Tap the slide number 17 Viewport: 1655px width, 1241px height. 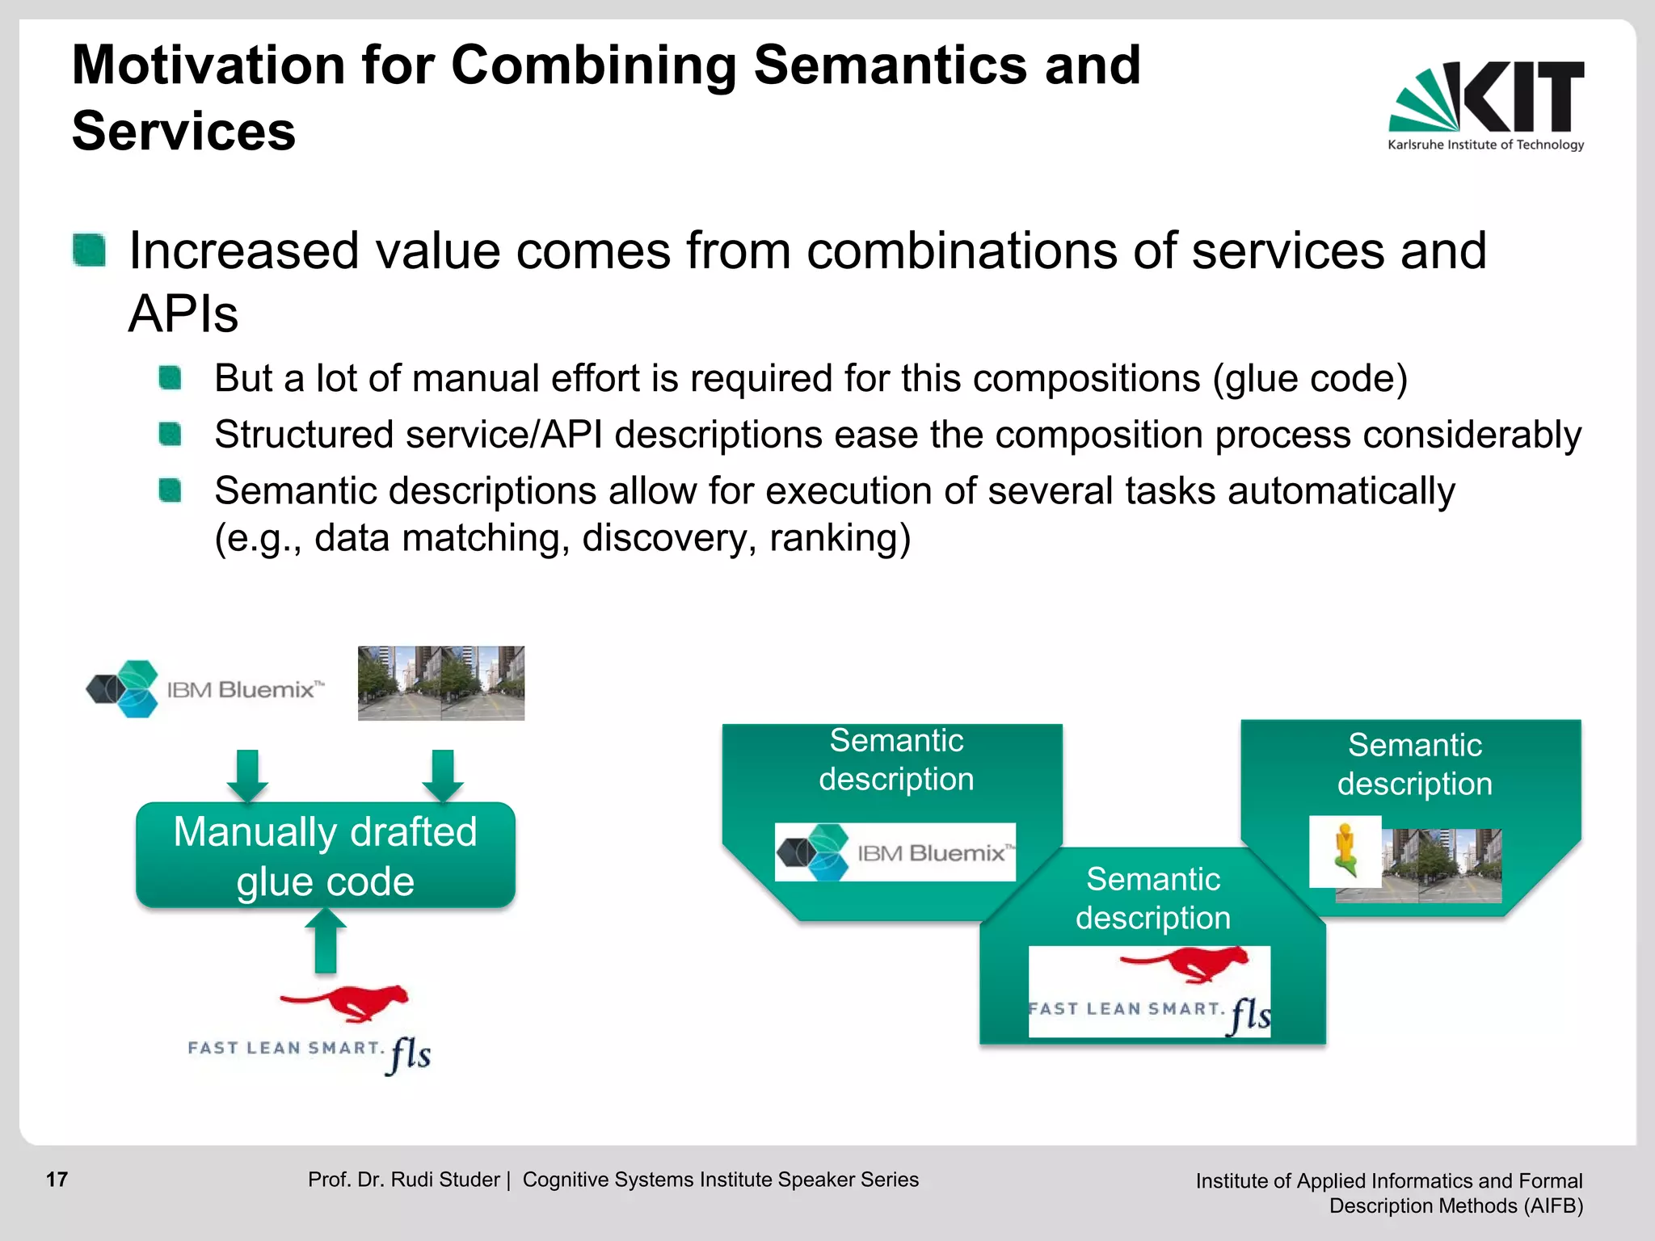(x=57, y=1180)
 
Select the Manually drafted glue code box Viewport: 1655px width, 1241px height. (x=326, y=855)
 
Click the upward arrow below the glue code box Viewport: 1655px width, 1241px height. (x=326, y=940)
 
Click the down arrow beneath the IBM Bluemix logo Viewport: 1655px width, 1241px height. (x=247, y=775)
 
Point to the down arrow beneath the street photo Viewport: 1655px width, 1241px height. (x=443, y=775)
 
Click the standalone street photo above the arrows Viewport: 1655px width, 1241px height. (x=441, y=683)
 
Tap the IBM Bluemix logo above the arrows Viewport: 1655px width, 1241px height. (x=206, y=689)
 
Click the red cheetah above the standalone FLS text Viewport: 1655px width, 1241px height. (x=346, y=1003)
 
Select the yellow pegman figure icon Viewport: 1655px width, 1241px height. (x=1345, y=851)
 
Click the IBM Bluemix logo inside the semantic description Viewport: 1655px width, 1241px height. (x=895, y=852)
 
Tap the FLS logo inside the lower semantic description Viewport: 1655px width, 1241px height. (x=1149, y=991)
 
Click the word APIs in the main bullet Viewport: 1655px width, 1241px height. (x=183, y=313)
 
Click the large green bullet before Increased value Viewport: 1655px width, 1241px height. (x=89, y=250)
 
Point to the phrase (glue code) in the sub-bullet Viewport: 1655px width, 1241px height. (x=1310, y=378)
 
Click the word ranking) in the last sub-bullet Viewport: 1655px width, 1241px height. (x=840, y=538)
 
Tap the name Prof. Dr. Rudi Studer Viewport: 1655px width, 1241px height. (x=403, y=1180)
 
